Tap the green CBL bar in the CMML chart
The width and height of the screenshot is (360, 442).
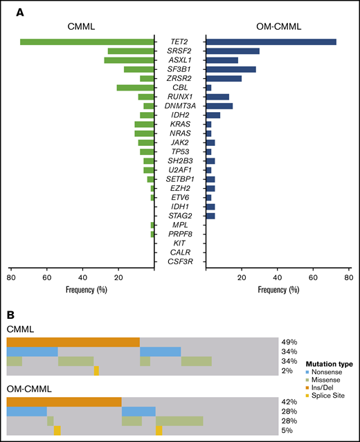pos(135,87)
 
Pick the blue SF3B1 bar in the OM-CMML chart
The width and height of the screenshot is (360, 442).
pos(231,69)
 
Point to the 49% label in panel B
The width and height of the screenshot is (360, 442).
pos(289,342)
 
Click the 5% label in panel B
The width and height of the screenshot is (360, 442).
pos(287,431)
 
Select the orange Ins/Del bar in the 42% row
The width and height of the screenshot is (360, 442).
pos(64,402)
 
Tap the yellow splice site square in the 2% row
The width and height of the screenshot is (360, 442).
pos(96,371)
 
